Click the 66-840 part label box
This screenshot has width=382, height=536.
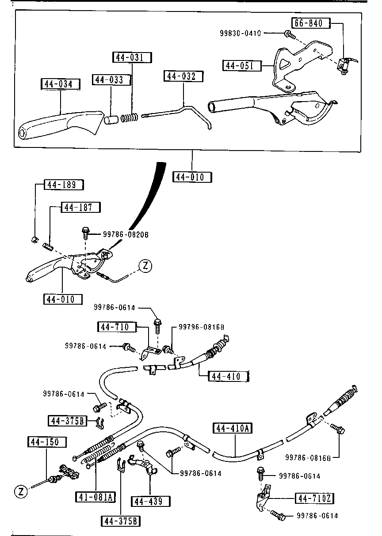(311, 23)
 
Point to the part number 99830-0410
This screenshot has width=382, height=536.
(241, 33)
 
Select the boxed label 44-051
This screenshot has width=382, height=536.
(242, 65)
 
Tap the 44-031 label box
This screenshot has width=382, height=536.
(132, 57)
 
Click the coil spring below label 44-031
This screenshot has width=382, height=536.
(129, 117)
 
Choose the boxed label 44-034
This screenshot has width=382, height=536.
(61, 84)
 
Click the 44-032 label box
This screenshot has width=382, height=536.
(183, 76)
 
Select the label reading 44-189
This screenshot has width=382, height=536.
(64, 185)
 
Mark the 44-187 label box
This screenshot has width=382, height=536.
(81, 207)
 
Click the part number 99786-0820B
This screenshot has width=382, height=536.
(126, 234)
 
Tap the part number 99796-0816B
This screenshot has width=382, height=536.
(201, 327)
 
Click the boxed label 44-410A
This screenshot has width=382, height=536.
(233, 428)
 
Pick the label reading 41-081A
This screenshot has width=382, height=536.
(95, 497)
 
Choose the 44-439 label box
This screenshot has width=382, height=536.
(151, 501)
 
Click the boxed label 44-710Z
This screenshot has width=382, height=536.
(314, 498)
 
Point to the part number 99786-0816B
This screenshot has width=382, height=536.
(308, 457)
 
